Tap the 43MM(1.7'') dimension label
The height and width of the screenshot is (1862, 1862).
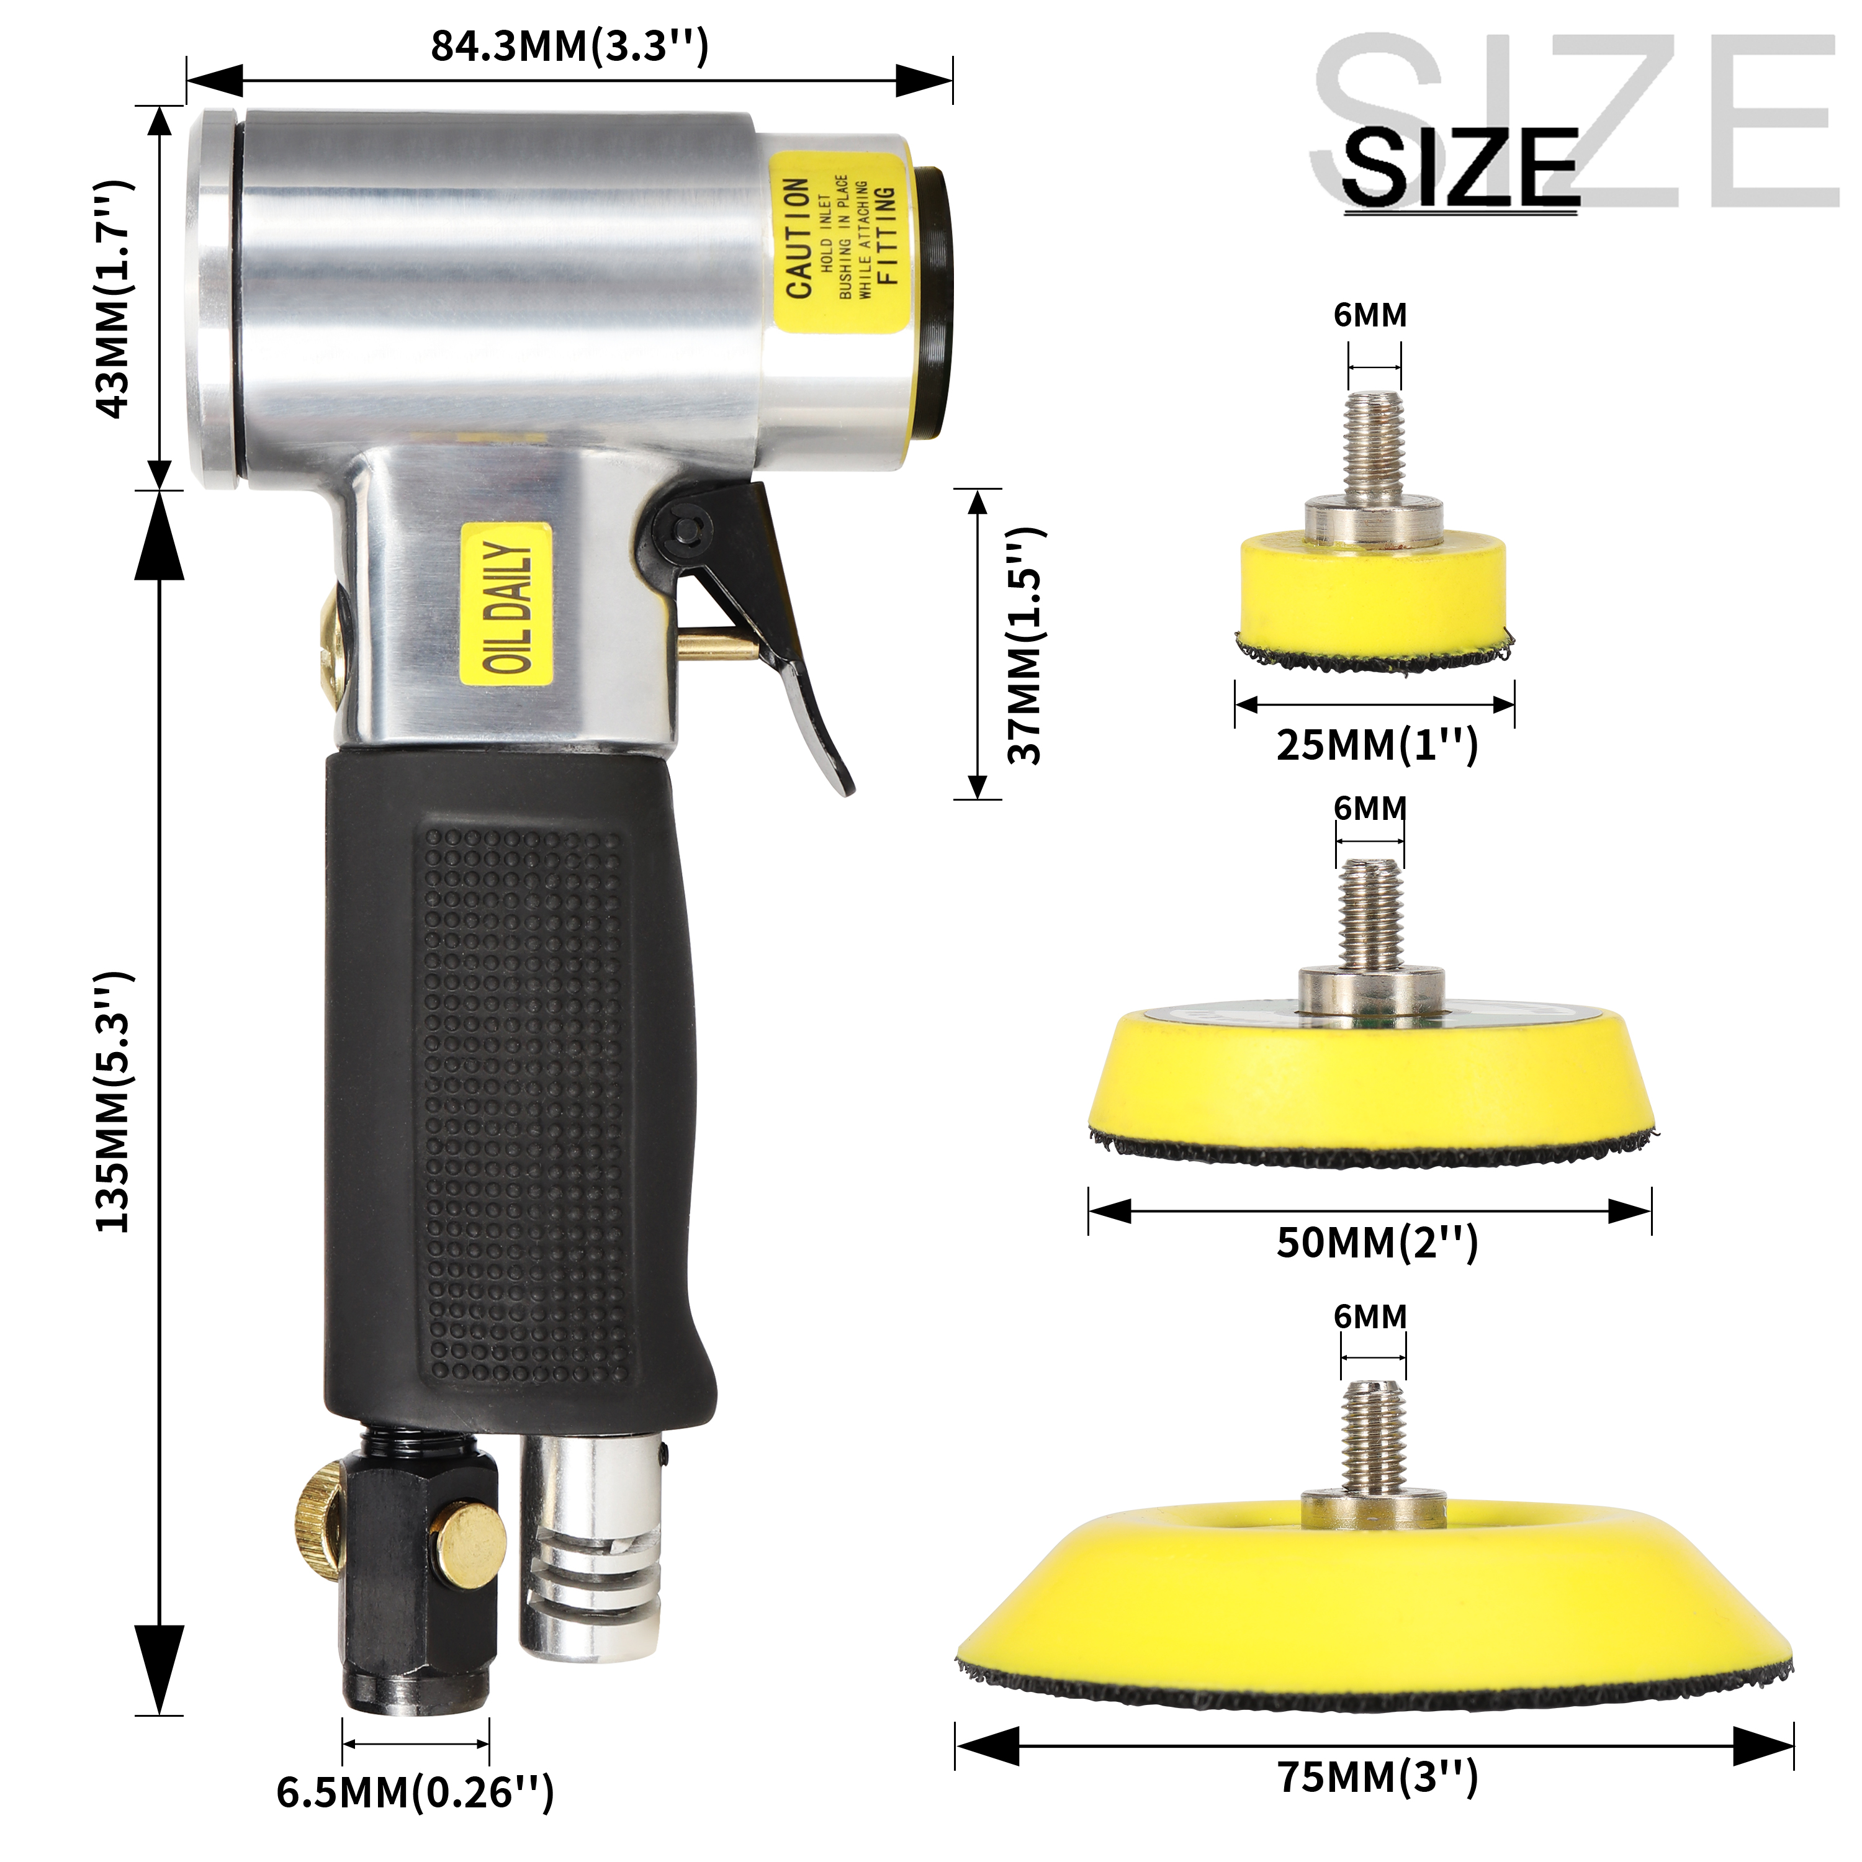tap(114, 298)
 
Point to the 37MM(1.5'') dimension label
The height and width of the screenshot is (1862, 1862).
tap(1025, 645)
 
